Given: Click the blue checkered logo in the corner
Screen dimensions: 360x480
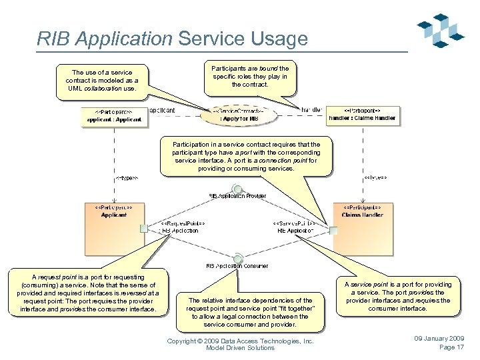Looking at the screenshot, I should (441, 31).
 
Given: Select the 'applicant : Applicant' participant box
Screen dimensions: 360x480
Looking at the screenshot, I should (114, 116).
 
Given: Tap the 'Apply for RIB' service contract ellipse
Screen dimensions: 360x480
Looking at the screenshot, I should (239, 115).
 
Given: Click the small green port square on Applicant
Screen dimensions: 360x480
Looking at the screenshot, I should (143, 229).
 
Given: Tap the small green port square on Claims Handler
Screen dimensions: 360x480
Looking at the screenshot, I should (333, 231).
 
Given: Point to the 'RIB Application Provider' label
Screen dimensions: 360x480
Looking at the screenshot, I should (238, 196).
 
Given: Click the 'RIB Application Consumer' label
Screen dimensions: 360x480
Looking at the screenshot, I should (238, 265).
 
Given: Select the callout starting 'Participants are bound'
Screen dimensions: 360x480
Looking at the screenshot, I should (250, 77).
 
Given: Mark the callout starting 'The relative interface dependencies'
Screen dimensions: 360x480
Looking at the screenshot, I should (249, 312).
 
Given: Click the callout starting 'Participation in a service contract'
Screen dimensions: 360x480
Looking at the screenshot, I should (246, 156).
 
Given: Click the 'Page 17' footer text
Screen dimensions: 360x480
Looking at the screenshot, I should (451, 347).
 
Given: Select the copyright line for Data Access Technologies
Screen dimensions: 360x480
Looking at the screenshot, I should (240, 341).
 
